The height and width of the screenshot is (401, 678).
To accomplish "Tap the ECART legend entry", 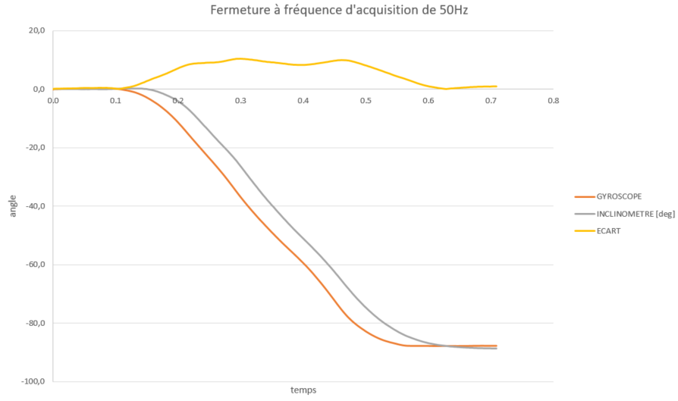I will point(609,231).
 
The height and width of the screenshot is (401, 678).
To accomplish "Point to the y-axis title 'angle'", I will point(13,205).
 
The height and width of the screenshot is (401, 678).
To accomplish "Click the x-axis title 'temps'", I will point(303,390).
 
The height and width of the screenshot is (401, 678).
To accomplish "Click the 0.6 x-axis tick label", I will point(428,100).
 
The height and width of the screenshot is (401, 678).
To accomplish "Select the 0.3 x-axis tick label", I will point(240,100).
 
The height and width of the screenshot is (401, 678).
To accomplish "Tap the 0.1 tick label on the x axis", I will point(115,100).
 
